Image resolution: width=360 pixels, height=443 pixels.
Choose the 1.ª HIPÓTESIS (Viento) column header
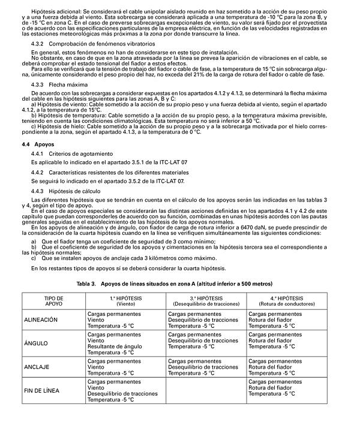point(125,301)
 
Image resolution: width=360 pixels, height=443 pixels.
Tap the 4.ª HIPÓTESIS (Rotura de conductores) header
point(286,301)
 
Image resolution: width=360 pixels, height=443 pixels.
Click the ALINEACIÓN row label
point(41,320)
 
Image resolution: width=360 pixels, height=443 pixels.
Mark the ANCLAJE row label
point(37,367)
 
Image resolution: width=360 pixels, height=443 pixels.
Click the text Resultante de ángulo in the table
point(115,346)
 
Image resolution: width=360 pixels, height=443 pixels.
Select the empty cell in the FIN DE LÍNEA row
point(206,390)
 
